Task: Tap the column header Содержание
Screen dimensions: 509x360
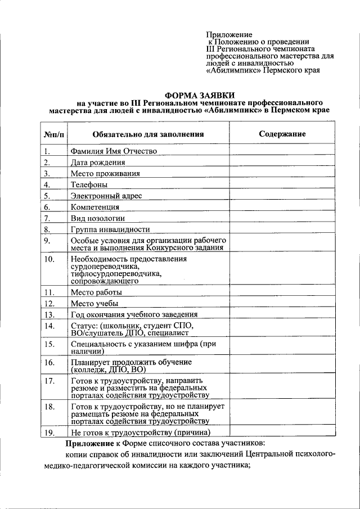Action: pyautogui.click(x=282, y=134)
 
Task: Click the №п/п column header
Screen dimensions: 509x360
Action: pyautogui.click(x=53, y=134)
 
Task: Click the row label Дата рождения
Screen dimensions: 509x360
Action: pyautogui.click(x=98, y=162)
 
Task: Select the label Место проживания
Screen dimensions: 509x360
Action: pyautogui.click(x=105, y=173)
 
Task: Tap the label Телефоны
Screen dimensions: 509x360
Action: pyautogui.click(x=89, y=184)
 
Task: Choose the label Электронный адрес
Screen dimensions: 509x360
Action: pyautogui.click(x=106, y=196)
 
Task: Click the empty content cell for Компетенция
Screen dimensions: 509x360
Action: pyautogui.click(x=282, y=206)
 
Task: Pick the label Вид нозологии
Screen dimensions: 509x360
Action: pyautogui.click(x=97, y=218)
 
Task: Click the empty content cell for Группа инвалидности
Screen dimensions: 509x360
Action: pyautogui.click(x=282, y=229)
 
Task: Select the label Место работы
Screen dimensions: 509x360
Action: pyautogui.click(x=96, y=292)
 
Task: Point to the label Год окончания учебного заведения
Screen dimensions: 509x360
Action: pyautogui.click(x=134, y=314)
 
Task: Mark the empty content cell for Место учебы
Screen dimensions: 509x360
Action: pyautogui.click(x=282, y=303)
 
